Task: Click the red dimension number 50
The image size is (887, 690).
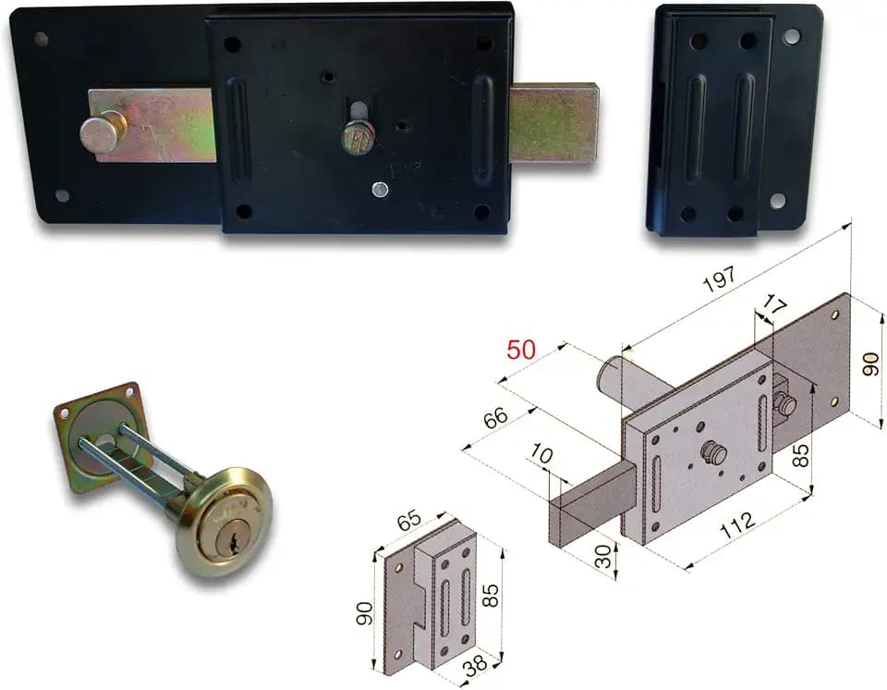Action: [520, 350]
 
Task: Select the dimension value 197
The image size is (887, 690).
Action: [721, 278]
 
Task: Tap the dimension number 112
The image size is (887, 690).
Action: [737, 526]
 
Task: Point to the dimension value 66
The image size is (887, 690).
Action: [496, 419]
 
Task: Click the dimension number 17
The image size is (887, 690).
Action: [773, 306]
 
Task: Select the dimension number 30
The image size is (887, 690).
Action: [604, 556]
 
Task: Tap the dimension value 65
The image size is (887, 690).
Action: [408, 521]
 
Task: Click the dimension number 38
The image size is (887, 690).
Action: [475, 663]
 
